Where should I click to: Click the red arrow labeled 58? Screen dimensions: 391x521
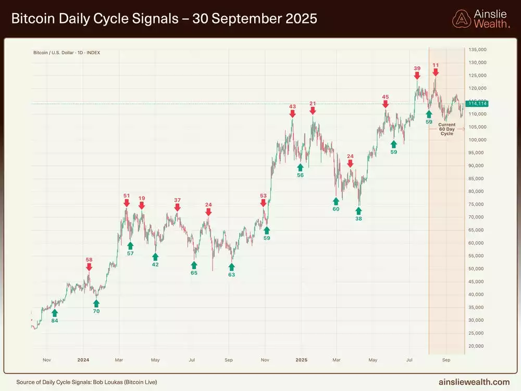coord(89,267)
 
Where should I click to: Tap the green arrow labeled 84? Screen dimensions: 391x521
coord(55,312)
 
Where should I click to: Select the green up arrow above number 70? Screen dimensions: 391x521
coord(96,303)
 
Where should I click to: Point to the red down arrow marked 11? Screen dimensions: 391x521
coord(435,74)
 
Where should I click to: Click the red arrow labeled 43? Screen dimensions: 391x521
coord(292,114)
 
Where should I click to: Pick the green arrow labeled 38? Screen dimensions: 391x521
coord(358,211)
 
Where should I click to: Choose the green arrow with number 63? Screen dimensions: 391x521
coord(232,266)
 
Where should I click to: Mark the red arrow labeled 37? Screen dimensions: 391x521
coord(178,207)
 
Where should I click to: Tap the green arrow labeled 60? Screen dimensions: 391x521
coord(336,200)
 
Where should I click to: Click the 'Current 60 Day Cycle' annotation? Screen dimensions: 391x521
coord(446,129)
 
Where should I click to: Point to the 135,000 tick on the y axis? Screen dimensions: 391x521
coord(477,50)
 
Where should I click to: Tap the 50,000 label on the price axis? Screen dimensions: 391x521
coord(477,268)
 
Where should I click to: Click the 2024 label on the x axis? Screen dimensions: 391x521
coord(83,360)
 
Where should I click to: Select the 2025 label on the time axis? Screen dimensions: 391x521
coord(301,360)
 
